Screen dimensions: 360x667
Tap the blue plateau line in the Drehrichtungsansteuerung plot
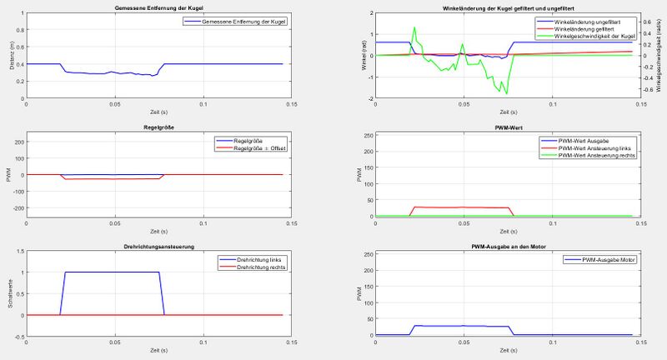[113, 272]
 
